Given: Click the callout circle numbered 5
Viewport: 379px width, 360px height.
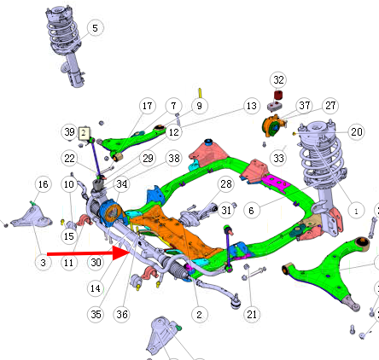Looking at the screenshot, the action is point(95,28).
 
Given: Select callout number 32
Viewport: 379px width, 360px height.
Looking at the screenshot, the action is point(278,79).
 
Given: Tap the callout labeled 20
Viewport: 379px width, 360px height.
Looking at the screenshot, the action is point(356,131).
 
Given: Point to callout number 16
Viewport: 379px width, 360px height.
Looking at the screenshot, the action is point(43,184).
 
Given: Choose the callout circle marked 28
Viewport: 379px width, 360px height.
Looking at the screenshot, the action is point(226,184).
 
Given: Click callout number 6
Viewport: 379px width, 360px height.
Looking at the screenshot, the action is point(252,211).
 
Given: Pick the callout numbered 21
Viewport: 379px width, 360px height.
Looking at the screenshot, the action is point(252,314).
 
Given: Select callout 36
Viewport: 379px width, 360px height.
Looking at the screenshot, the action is point(122,314).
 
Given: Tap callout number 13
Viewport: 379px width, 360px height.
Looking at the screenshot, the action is point(252,106).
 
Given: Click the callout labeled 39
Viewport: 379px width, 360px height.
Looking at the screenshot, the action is point(69,132).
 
